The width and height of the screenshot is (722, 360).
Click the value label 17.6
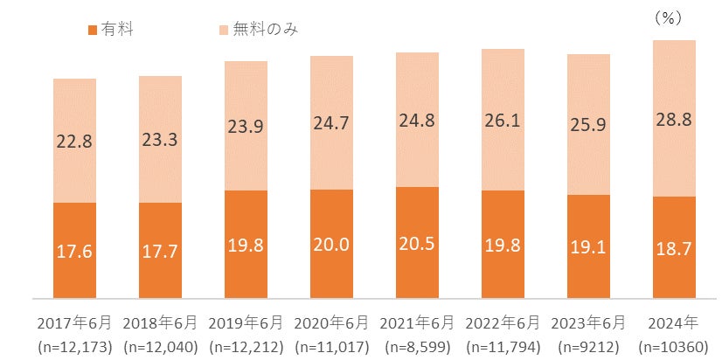[x=74, y=251]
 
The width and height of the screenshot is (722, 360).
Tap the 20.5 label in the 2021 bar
[x=417, y=245]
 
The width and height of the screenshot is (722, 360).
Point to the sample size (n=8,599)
[x=417, y=346]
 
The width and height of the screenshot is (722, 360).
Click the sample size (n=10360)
[x=674, y=346]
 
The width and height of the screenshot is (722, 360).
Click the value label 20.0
[x=331, y=245]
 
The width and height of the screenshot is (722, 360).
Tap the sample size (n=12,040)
[x=160, y=346]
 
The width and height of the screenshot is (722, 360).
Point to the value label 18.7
[x=674, y=250]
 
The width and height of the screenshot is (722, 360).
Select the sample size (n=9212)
[x=588, y=346]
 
